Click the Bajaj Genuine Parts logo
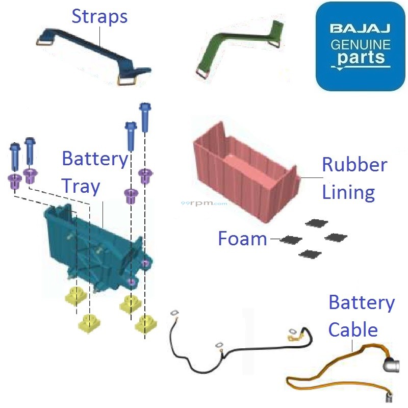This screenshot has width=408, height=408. point(360,46)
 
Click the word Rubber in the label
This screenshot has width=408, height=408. point(354,165)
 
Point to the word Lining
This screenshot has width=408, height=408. point(349,192)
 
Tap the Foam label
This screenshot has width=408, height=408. point(242,238)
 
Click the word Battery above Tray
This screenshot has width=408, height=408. point(94,159)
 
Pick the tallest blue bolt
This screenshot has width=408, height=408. point(144,117)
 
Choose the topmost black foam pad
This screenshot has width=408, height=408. point(317,223)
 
